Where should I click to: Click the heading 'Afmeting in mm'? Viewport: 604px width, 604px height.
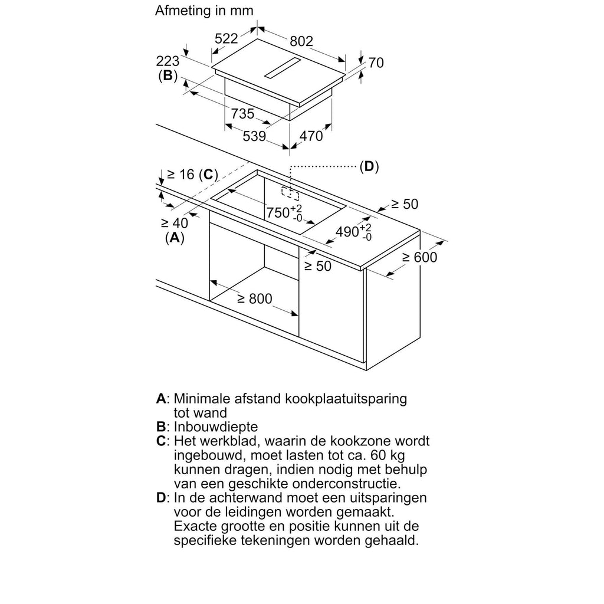[204, 11]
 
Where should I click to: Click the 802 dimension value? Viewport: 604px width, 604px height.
[301, 41]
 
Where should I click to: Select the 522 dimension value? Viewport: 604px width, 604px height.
[226, 39]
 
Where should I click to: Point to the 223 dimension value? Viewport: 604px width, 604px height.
[168, 61]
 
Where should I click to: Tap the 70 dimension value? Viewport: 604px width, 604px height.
[376, 62]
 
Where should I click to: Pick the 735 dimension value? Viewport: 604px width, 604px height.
[242, 114]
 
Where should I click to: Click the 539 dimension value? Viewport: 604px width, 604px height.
[254, 136]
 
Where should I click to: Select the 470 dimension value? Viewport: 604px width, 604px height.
[311, 136]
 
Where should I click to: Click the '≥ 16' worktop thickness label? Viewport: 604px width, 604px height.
[180, 175]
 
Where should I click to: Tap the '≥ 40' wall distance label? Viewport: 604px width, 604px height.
[173, 223]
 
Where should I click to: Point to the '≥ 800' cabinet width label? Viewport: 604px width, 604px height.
[255, 299]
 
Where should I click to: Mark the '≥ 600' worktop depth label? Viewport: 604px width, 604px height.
[419, 257]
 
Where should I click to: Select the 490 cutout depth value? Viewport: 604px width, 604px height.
[347, 231]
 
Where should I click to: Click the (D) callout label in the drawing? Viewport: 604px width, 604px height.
[369, 167]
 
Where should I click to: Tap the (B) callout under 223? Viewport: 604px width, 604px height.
[168, 75]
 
